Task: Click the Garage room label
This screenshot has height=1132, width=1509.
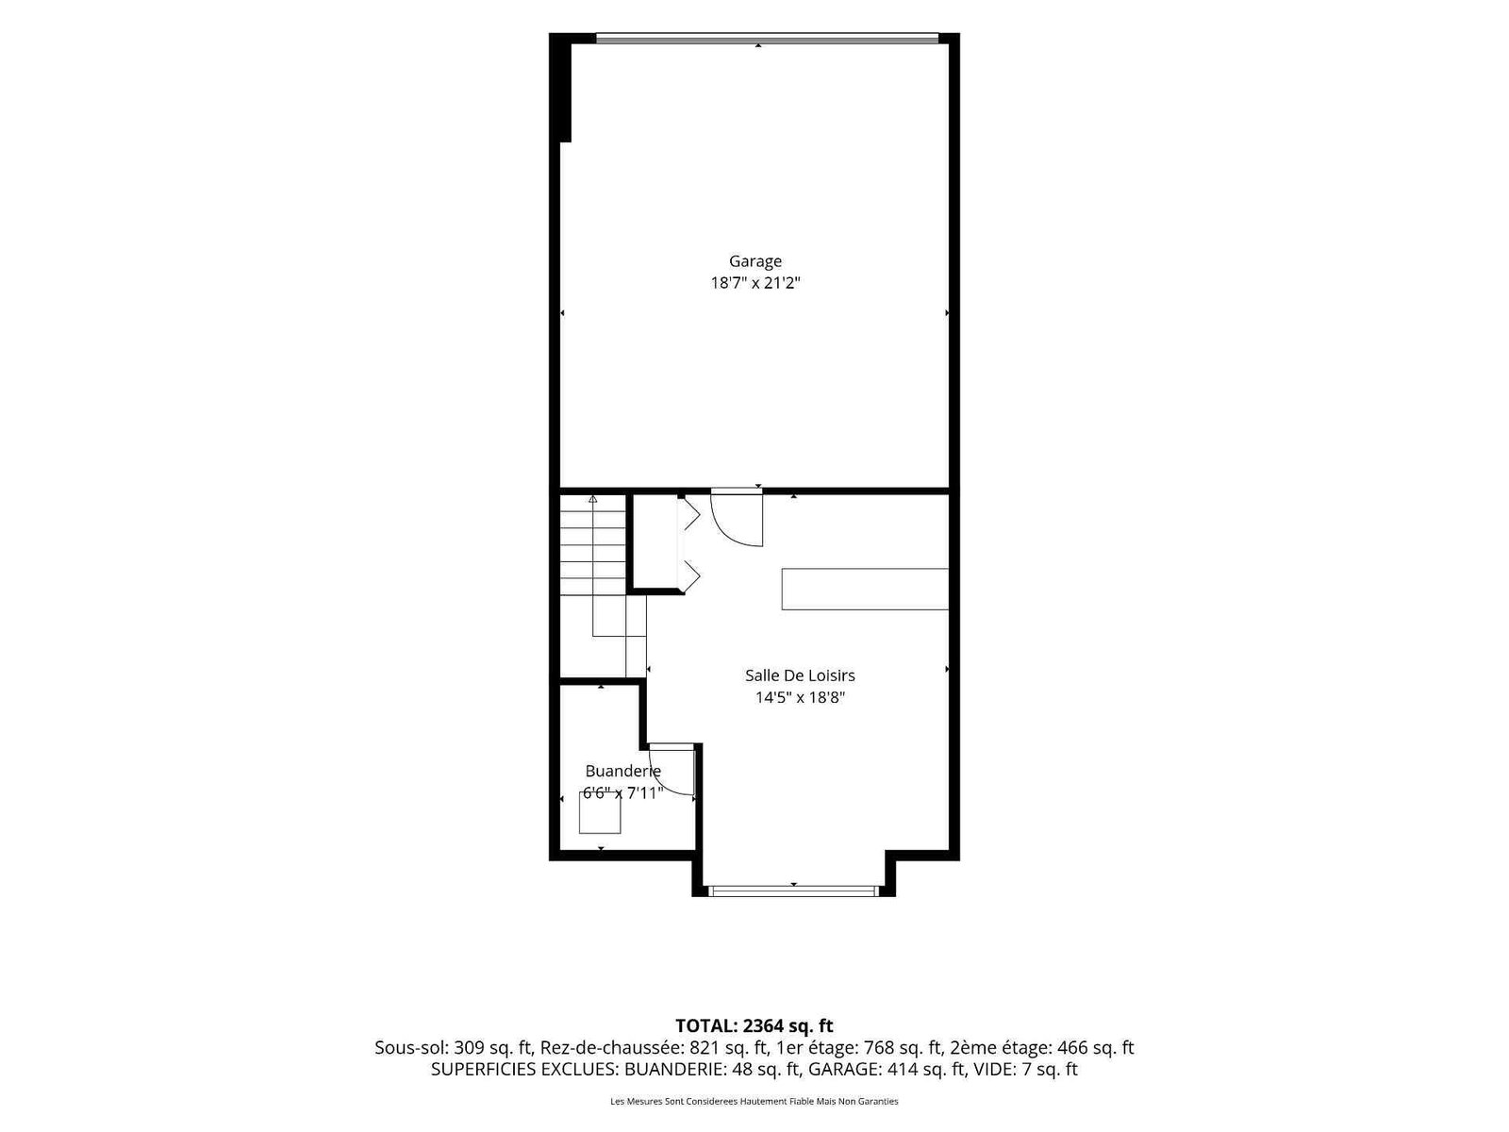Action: [754, 261]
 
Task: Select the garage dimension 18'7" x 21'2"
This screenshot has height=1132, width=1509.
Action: [754, 282]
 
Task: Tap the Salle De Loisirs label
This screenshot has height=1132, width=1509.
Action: [800, 675]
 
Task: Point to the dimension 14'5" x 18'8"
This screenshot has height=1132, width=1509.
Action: [800, 698]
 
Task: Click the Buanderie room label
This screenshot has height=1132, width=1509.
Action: [622, 771]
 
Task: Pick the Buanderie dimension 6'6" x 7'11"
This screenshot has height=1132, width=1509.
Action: [622, 793]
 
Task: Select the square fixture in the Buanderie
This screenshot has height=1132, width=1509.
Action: [600, 813]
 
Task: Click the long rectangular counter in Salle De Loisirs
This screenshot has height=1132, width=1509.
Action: [864, 589]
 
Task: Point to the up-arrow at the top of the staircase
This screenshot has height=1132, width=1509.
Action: [592, 499]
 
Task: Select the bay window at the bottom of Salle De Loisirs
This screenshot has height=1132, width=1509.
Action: [793, 891]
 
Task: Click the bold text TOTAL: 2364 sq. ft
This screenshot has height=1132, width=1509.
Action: [754, 1025]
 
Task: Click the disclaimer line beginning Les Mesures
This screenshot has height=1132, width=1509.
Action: [754, 1101]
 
